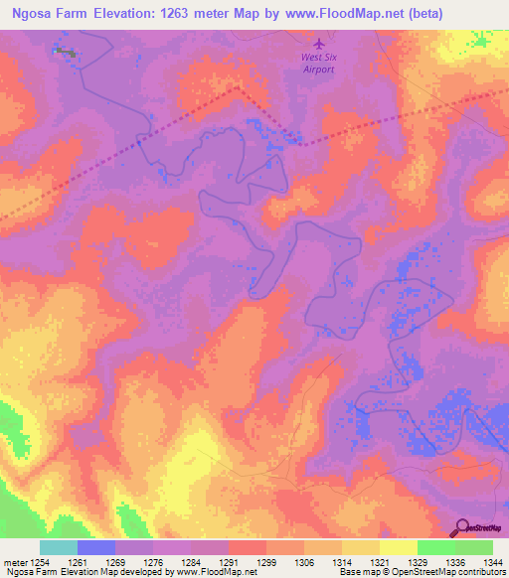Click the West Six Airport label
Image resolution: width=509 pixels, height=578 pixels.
click(x=318, y=64)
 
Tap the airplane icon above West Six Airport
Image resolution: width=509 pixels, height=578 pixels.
click(x=318, y=44)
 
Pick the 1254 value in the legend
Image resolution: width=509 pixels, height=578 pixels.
click(x=41, y=562)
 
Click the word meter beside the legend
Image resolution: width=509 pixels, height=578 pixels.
click(x=15, y=562)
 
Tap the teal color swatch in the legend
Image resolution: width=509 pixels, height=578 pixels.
click(x=59, y=547)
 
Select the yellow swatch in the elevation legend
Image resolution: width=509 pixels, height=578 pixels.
click(x=399, y=547)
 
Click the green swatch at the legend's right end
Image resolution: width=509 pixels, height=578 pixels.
click(x=474, y=547)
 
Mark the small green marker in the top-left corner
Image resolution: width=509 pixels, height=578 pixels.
click(x=66, y=51)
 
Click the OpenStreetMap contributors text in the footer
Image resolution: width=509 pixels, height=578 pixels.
click(x=447, y=573)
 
